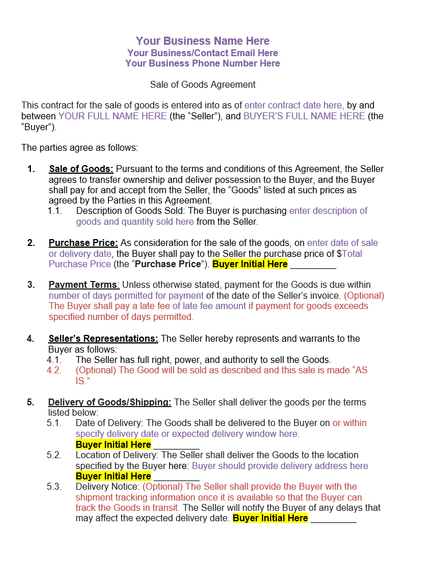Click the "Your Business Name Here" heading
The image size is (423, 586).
(x=202, y=41)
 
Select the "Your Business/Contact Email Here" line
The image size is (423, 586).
(x=202, y=53)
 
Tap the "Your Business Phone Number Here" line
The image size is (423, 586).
(x=202, y=63)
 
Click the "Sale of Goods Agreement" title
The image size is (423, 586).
(x=202, y=84)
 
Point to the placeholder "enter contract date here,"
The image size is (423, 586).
(x=294, y=106)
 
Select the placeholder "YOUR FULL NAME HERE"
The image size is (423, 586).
(x=113, y=116)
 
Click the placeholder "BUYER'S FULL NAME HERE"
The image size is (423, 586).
(x=304, y=116)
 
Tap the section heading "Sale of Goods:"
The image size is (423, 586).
(x=81, y=169)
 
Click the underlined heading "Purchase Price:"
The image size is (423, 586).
(x=83, y=243)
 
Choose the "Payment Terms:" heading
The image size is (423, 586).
(x=84, y=285)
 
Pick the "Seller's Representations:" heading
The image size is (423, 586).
(x=103, y=339)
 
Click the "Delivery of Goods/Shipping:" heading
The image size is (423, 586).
(x=109, y=403)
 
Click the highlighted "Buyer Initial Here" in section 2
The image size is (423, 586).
(x=250, y=264)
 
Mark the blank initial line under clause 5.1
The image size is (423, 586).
(x=177, y=446)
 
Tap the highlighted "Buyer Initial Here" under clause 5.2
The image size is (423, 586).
(x=113, y=476)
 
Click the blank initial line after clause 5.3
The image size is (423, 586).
(x=334, y=519)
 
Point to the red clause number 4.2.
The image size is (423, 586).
(x=54, y=370)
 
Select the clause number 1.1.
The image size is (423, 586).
(x=54, y=211)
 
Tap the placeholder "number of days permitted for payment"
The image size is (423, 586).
(x=126, y=296)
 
